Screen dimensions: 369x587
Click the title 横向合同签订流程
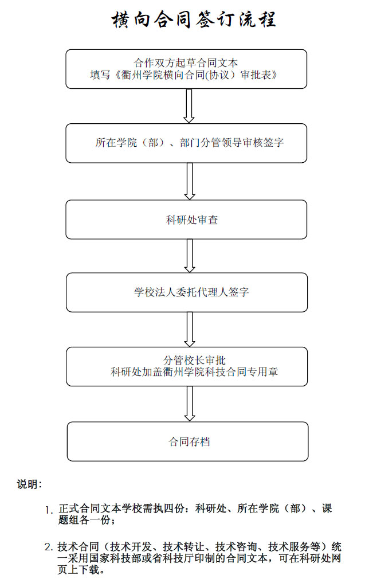click(x=194, y=19)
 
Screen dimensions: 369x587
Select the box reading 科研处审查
click(x=186, y=220)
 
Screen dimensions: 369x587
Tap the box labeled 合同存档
click(x=187, y=441)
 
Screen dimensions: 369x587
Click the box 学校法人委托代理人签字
click(x=187, y=292)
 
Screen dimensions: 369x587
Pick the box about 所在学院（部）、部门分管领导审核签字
click(x=186, y=143)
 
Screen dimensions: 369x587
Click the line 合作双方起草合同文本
click(x=186, y=63)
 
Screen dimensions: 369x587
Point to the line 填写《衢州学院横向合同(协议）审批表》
click(x=184, y=75)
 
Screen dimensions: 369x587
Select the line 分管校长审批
click(x=194, y=360)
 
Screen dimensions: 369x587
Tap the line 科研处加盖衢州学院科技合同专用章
click(x=194, y=371)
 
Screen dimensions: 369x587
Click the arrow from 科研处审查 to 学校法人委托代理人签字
click(x=190, y=256)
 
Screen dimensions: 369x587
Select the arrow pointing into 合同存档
click(x=190, y=404)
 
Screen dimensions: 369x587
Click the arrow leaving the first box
click(x=189, y=106)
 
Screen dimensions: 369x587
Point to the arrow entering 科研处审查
click(x=190, y=182)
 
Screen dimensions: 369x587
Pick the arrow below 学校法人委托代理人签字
click(x=190, y=330)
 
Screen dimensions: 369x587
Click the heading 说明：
click(x=30, y=484)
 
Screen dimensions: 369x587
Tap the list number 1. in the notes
click(x=49, y=510)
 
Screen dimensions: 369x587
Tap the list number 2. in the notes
click(x=49, y=547)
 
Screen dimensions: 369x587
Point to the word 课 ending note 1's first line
click(x=327, y=508)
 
